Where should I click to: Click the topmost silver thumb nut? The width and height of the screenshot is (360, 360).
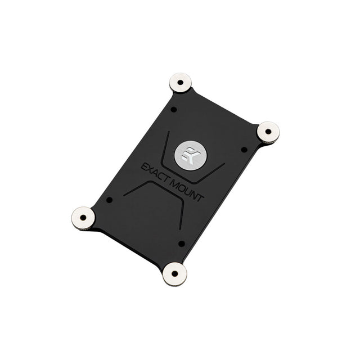[x=181, y=83]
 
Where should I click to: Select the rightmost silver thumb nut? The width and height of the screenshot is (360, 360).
[x=268, y=133]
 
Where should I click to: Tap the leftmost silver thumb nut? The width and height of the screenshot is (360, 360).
[x=83, y=218]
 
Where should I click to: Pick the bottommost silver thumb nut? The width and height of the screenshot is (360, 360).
[x=175, y=274]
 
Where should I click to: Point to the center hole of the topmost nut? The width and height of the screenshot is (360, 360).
[x=181, y=82]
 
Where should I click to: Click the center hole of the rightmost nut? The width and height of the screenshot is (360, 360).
[x=268, y=132]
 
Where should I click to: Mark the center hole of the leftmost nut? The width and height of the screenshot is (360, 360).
[x=83, y=218]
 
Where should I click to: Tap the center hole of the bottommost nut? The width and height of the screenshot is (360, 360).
[x=175, y=274]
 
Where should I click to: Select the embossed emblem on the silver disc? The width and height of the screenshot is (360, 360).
[x=190, y=155]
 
